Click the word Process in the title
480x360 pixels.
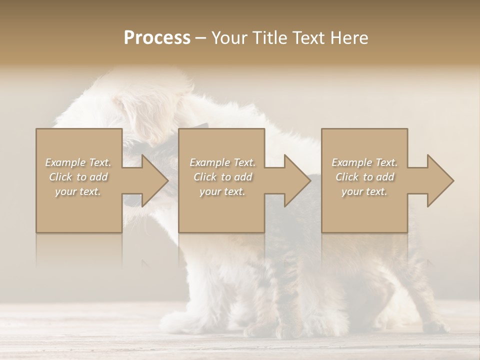[157, 38]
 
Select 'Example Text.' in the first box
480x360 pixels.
[78, 162]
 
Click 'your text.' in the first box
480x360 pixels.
[78, 191]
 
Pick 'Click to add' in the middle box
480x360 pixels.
[222, 177]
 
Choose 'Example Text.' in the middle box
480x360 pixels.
[222, 162]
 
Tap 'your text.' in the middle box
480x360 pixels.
[222, 191]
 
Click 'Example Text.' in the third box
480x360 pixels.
[364, 162]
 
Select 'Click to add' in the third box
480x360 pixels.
[364, 177]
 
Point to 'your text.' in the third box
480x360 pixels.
[364, 191]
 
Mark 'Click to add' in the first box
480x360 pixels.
[78, 177]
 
